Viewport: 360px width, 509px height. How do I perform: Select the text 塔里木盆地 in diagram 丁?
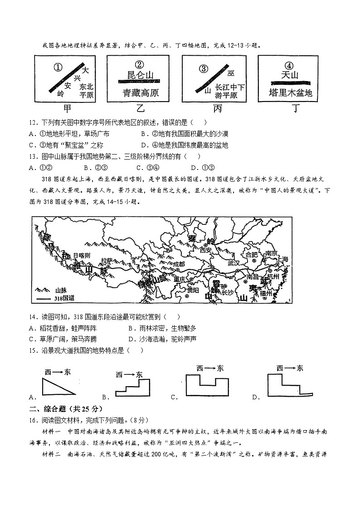click(290, 93)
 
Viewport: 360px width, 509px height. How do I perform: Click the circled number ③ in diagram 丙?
click(204, 68)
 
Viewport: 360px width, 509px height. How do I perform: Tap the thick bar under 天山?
click(290, 82)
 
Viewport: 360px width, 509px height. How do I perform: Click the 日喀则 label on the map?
click(82, 256)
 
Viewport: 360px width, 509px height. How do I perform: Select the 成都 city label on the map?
click(179, 264)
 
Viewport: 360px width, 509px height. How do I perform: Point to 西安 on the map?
click(206, 250)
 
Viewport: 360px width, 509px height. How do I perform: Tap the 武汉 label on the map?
click(233, 263)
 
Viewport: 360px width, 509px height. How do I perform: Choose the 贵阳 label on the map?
click(193, 291)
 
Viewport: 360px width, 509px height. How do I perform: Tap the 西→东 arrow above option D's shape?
click(289, 368)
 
